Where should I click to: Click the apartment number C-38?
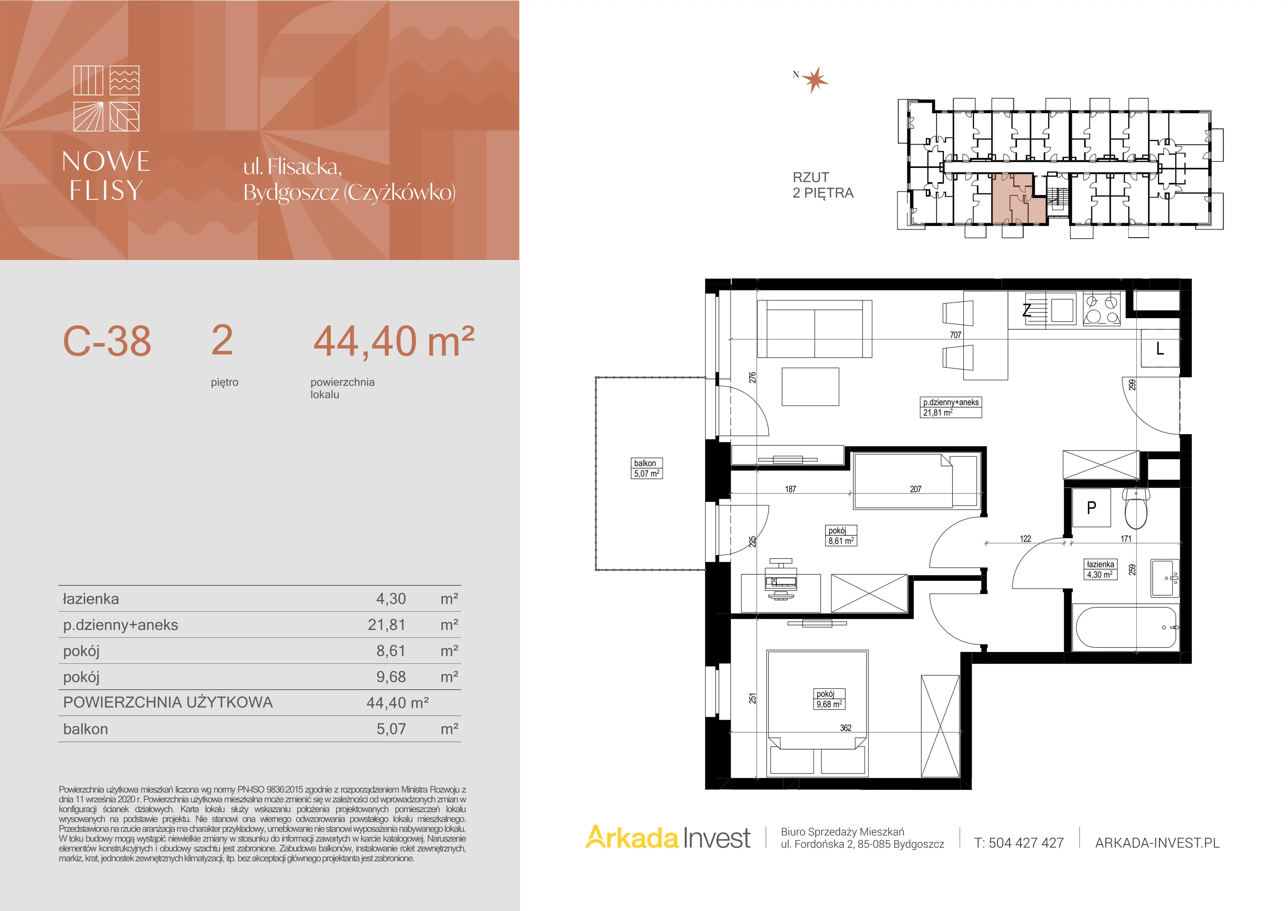(107, 341)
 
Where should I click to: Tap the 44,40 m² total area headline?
(394, 341)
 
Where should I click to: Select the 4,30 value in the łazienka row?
(391, 599)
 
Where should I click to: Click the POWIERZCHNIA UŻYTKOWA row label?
(168, 702)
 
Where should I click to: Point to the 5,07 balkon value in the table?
(391, 729)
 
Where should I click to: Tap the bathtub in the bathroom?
(1126, 627)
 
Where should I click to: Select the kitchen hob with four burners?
(1102, 310)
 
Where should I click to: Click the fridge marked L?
(1160, 348)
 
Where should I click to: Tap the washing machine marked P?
(1091, 508)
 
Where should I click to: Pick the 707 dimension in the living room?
(956, 335)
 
